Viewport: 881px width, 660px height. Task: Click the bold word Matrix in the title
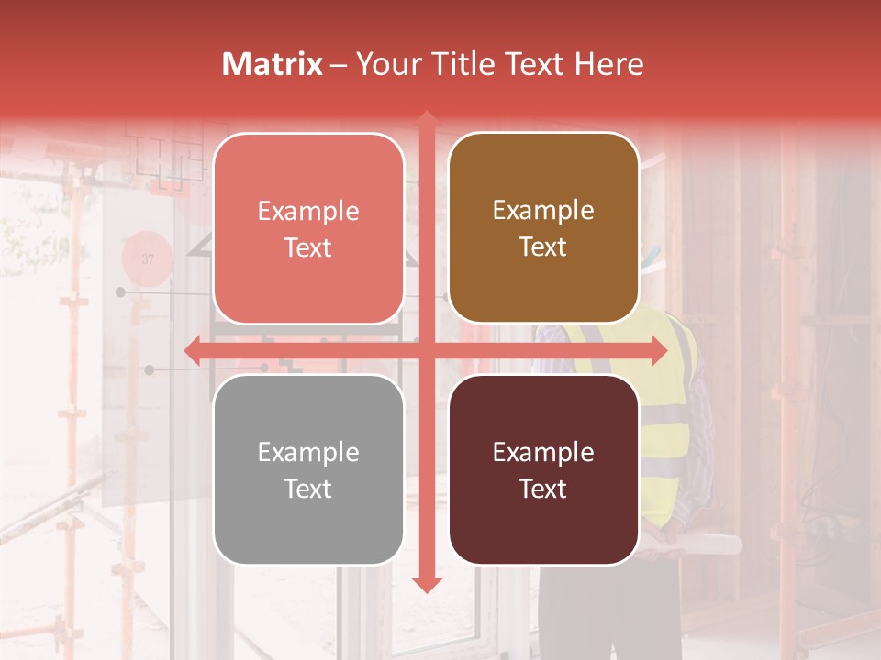[x=273, y=64]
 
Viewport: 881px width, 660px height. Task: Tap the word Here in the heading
[x=608, y=64]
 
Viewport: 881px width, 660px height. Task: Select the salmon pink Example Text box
[x=308, y=228]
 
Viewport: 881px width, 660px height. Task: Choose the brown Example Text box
[x=543, y=228]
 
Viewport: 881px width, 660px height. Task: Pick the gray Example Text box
[x=308, y=469]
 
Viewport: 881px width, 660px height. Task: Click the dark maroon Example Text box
[x=543, y=469]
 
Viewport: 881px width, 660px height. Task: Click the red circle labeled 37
[x=148, y=259]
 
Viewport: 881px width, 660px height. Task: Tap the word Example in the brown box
[x=543, y=211]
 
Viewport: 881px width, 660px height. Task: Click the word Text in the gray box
[x=308, y=489]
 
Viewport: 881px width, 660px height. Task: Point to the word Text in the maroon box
[x=543, y=489]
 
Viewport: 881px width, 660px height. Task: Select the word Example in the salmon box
[x=308, y=212]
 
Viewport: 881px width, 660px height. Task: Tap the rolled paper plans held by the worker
[x=697, y=544]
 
